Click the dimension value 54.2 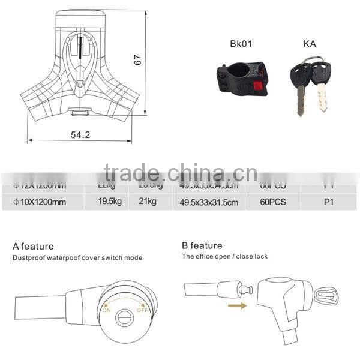pos(80,135)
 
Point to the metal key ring pos(310,62)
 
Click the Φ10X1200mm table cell pos(40,202)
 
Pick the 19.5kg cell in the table pos(110,202)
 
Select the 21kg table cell pos(147,202)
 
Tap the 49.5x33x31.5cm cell pos(209,203)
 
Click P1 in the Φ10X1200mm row pos(328,202)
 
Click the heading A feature pos(33,246)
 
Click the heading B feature pos(202,245)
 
